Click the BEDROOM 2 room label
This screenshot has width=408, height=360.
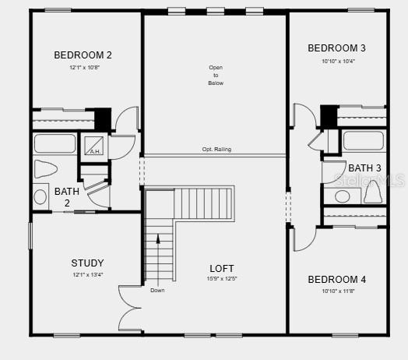coord(83,55)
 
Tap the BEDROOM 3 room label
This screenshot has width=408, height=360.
coord(336,48)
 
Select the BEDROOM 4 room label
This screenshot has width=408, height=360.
coord(336,280)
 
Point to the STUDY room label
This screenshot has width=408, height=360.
coord(87,263)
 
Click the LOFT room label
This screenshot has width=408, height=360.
coord(222,269)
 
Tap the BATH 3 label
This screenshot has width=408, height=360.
coord(364,168)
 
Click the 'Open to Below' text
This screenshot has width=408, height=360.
coord(216,75)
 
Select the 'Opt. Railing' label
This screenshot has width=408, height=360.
coord(216,150)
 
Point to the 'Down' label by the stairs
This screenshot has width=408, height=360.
coord(157,291)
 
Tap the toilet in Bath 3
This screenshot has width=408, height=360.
coord(372,189)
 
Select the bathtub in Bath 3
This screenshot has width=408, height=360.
coord(363,141)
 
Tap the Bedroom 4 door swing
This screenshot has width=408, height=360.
coord(303,238)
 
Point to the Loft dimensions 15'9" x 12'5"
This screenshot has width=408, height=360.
coord(222,279)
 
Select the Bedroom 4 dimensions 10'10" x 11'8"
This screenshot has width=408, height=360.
coord(336,291)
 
